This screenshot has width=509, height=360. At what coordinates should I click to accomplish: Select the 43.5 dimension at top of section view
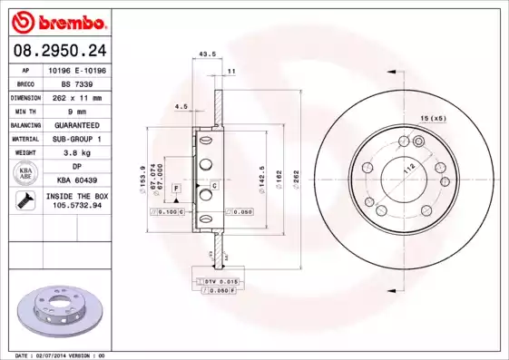tap(207, 54)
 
